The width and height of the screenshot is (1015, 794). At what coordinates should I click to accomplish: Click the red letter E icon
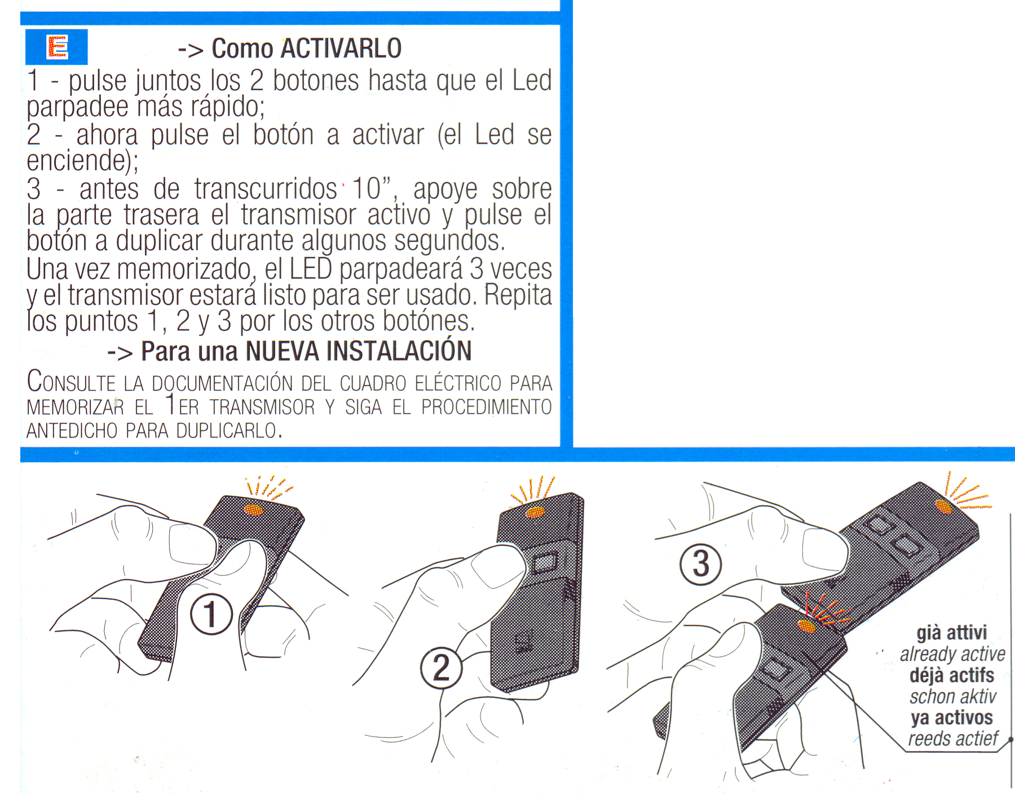coord(57,47)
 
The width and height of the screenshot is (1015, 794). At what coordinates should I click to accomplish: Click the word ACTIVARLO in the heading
coord(341,48)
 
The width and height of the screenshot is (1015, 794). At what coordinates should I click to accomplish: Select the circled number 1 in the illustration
coord(211,614)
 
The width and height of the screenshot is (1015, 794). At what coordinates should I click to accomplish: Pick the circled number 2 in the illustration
coord(441,668)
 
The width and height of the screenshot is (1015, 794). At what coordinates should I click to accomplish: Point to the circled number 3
coord(700,564)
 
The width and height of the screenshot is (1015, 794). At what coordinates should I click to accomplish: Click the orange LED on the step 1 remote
coord(254,510)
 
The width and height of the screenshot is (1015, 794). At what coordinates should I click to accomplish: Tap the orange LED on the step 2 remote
coord(535,513)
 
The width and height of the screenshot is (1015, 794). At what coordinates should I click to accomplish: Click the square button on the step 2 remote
coord(545,563)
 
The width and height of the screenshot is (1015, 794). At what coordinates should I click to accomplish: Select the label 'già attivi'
coord(952,633)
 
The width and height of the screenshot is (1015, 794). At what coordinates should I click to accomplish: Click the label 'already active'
coord(952,654)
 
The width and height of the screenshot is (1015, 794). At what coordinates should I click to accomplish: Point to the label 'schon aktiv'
coord(953,696)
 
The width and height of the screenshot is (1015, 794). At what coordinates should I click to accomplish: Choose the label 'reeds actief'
coord(953,739)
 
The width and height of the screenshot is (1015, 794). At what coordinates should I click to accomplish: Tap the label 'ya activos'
coord(952,718)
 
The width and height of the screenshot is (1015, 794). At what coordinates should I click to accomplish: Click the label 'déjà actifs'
coord(952,675)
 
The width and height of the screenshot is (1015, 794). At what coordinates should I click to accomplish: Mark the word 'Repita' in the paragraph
coord(518,295)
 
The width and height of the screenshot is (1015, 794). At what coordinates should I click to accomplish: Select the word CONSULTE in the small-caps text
coord(71,382)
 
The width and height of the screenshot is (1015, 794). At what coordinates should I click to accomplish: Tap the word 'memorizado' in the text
coord(184,269)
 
